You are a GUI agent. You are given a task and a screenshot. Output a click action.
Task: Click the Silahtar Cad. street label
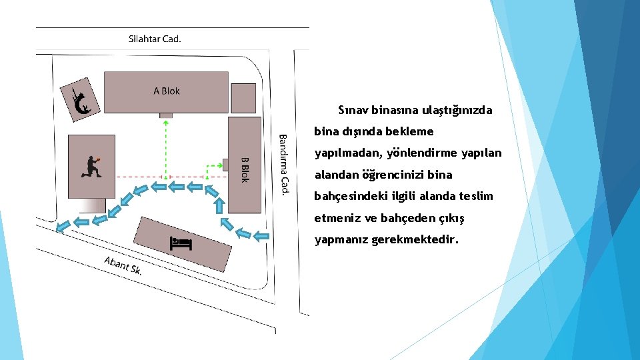click(x=155, y=39)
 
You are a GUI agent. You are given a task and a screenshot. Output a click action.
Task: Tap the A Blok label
click(x=167, y=91)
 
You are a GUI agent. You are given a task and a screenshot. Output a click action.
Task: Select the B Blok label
click(x=245, y=169)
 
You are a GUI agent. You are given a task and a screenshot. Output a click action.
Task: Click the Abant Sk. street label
click(x=123, y=265)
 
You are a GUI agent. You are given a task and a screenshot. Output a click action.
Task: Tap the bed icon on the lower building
click(x=181, y=243)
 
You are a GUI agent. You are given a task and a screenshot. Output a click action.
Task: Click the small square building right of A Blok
click(x=243, y=98)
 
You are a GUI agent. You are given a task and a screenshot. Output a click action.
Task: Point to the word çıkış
click(x=451, y=219)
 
